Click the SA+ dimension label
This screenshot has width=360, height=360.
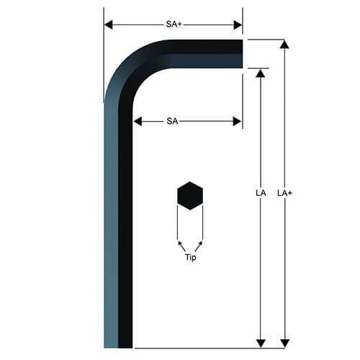click(172, 24)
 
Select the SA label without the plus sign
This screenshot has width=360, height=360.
click(172, 122)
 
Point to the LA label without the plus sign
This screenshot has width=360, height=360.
click(261, 194)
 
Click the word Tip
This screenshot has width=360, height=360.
click(190, 257)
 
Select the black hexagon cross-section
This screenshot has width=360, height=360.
click(190, 196)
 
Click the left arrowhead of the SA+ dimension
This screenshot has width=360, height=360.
click(109, 24)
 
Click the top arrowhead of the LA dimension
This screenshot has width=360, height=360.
click(261, 73)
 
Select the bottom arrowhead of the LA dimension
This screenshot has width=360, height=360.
click(261, 343)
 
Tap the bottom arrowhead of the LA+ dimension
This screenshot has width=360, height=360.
click(284, 343)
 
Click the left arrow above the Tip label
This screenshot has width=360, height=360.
click(180, 246)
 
